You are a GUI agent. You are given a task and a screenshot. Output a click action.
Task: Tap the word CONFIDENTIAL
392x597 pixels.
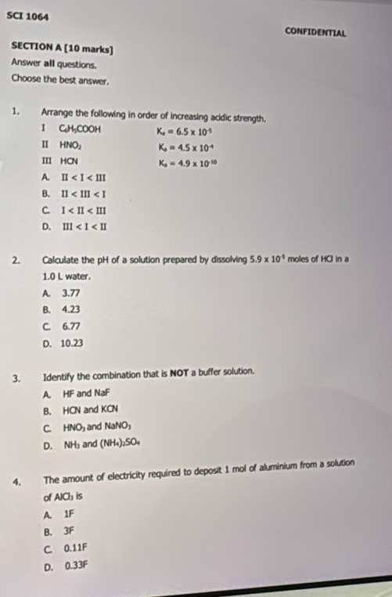[x=316, y=32]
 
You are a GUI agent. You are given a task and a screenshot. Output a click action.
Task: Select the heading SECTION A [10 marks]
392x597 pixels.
[x=62, y=49]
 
